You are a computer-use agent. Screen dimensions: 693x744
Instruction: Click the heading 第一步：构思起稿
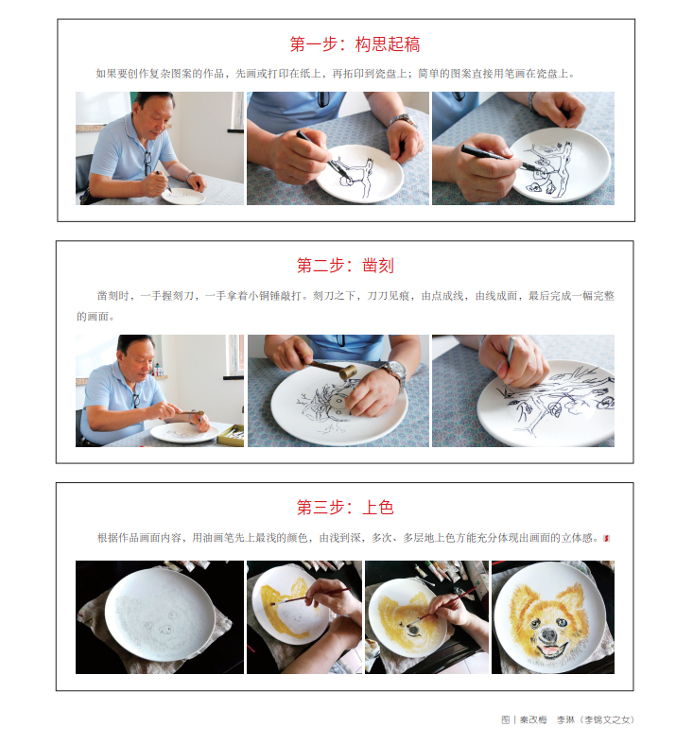point(355,44)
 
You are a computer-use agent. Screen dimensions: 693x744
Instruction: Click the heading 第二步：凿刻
point(345,266)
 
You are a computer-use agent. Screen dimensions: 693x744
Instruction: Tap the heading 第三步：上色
point(345,508)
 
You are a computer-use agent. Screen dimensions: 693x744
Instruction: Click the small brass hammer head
point(349,372)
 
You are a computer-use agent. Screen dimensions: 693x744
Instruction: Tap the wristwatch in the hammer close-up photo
point(395,371)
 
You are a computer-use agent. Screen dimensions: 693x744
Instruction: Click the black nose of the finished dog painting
point(548,634)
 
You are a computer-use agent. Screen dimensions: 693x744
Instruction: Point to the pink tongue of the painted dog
point(550,650)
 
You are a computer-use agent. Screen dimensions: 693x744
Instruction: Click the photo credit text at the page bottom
point(567,719)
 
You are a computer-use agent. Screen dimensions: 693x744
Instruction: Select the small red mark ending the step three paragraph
point(606,538)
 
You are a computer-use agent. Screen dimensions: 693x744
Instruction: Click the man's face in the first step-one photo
point(152,117)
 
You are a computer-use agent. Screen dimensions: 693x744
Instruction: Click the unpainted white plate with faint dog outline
point(160,614)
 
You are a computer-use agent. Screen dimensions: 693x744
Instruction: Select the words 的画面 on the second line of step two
point(93,317)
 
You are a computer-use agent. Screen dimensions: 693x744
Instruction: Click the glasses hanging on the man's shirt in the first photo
point(147,163)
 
